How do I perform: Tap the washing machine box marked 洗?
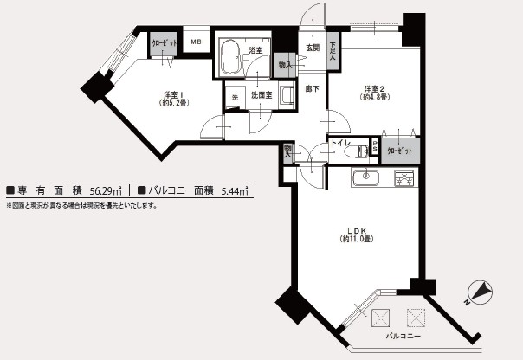(235, 97)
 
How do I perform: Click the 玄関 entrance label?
(313, 48)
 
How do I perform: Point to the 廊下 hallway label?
(311, 88)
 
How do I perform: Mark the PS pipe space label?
(375, 149)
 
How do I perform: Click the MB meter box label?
(195, 42)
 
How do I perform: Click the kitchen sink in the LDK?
(364, 178)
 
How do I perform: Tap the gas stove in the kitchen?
(404, 178)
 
